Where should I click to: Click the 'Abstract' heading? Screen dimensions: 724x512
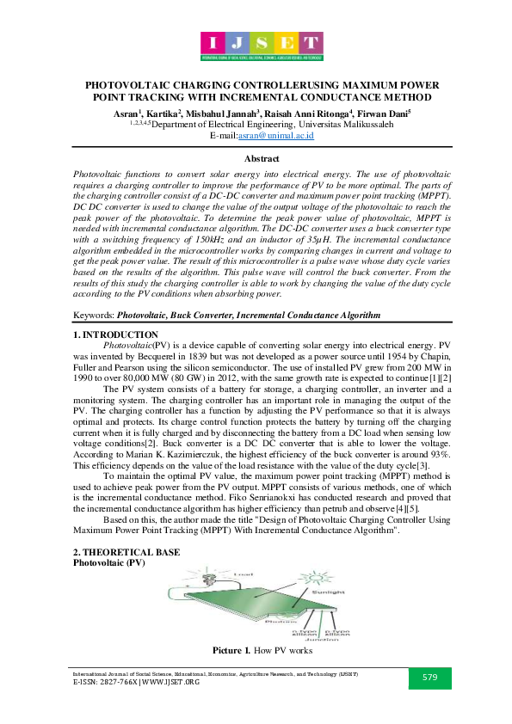click(262, 159)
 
